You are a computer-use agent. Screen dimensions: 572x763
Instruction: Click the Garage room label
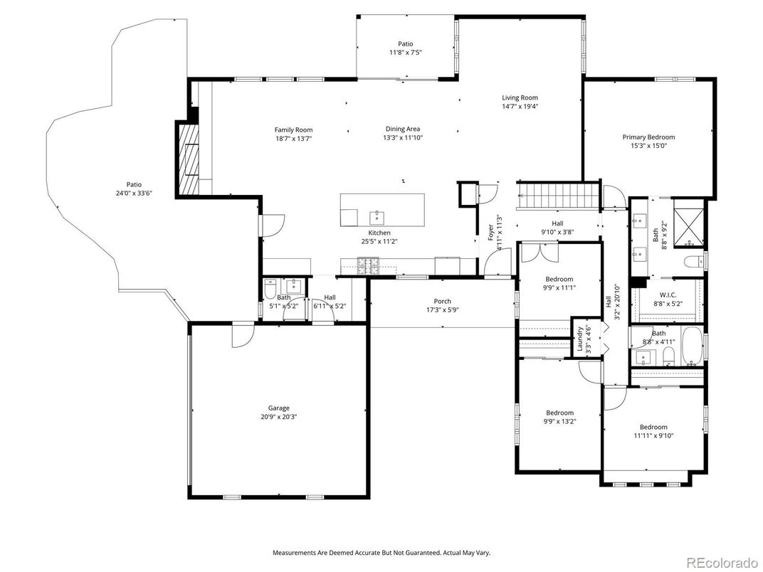[x=279, y=408]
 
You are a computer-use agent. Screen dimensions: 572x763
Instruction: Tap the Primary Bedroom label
[x=648, y=137]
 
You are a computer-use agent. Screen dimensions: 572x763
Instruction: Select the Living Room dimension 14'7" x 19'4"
[x=520, y=107]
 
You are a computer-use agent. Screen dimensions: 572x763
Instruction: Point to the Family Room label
[x=293, y=129]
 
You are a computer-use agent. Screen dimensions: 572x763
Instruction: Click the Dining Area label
[x=403, y=129]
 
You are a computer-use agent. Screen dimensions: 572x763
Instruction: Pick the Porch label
[x=443, y=301]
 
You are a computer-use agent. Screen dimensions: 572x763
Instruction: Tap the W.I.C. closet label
[x=668, y=295]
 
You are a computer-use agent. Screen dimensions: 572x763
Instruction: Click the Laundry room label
[x=580, y=338]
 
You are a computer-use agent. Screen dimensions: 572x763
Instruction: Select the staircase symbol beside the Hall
[x=557, y=195]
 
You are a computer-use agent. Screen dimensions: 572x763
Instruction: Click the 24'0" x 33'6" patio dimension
[x=135, y=193]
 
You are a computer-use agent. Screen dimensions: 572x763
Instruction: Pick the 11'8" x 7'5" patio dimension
[x=405, y=53]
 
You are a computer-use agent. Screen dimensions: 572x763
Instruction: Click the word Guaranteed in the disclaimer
[x=407, y=553]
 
